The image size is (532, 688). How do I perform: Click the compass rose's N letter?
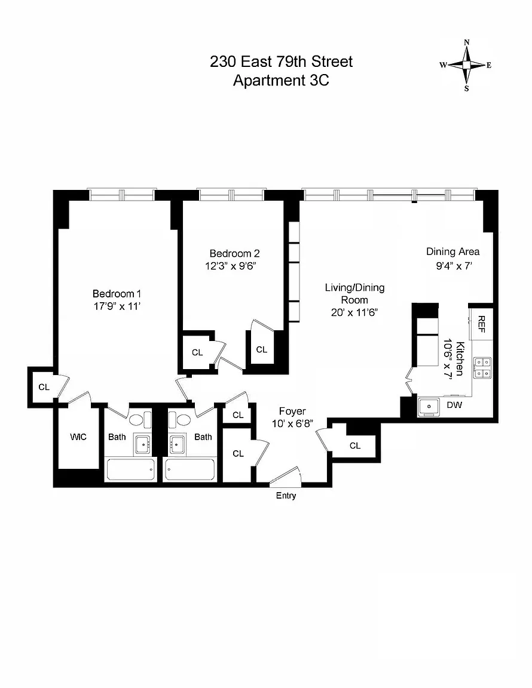[466, 42]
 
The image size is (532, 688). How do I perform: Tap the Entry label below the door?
[286, 495]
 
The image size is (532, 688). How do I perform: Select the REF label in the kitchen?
[481, 324]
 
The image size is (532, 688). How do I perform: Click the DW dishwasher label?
[455, 404]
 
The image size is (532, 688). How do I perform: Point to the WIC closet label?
[78, 437]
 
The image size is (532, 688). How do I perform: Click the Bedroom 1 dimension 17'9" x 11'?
[117, 306]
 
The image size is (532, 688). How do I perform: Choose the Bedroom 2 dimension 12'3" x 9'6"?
[231, 266]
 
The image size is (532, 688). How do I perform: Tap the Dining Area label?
[453, 251]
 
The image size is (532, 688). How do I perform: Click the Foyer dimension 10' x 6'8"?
[292, 424]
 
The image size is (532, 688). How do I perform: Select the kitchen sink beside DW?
[429, 407]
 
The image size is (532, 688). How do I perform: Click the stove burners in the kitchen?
[482, 368]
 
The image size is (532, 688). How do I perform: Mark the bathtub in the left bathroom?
[131, 470]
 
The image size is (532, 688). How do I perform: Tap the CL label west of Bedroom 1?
[44, 387]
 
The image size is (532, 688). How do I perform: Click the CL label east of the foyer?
[355, 446]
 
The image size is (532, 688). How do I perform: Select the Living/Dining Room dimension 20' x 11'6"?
[354, 312]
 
